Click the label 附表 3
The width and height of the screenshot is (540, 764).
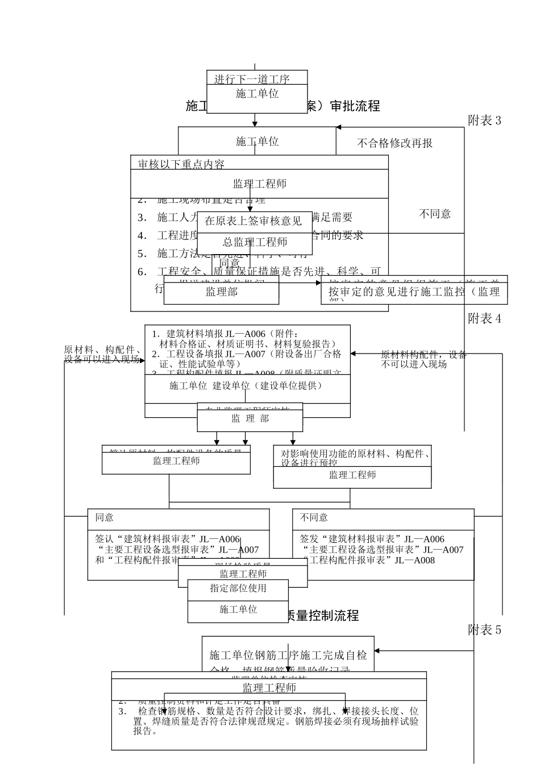pyautogui.click(x=484, y=121)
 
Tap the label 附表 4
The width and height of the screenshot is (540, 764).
pyautogui.click(x=484, y=319)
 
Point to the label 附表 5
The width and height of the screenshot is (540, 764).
pyautogui.click(x=484, y=630)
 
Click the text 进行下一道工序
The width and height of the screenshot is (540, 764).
pyautogui.click(x=252, y=79)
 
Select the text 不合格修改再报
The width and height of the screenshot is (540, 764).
pyautogui.click(x=394, y=143)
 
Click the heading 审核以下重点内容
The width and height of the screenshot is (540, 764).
pyautogui.click(x=181, y=164)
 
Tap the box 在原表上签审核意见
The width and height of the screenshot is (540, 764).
pyautogui.click(x=253, y=221)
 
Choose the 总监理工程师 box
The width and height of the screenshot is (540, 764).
pyautogui.click(x=255, y=242)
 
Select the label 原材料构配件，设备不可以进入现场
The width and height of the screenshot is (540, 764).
pyautogui.click(x=423, y=359)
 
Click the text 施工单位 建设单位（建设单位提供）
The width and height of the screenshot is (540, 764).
pyautogui.click(x=246, y=386)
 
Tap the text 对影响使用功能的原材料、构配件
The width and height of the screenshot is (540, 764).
pyautogui.click(x=355, y=454)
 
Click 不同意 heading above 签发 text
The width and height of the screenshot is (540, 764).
pyautogui.click(x=314, y=517)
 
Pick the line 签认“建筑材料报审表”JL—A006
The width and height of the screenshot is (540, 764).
pyautogui.click(x=167, y=539)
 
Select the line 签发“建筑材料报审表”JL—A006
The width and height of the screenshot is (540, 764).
pyautogui.click(x=372, y=539)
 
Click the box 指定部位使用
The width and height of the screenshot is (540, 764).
pyautogui.click(x=238, y=588)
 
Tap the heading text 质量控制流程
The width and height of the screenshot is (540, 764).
pyautogui.click(x=321, y=616)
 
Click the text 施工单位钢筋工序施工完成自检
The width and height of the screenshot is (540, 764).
pyautogui.click(x=288, y=655)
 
